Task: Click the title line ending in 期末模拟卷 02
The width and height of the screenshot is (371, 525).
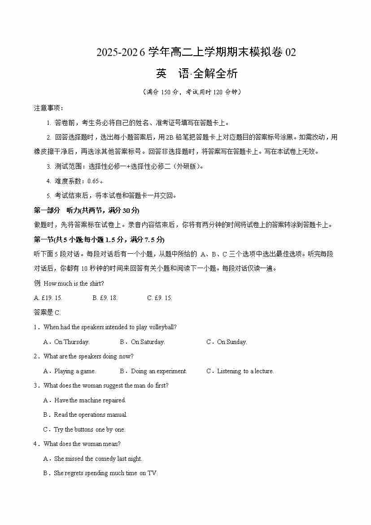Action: click(x=196, y=53)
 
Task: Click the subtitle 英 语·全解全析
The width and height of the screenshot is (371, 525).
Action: click(x=196, y=74)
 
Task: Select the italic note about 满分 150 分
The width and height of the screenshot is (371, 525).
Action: click(x=192, y=92)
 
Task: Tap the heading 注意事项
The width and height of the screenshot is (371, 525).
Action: click(x=48, y=108)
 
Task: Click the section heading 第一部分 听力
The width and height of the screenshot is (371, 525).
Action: click(x=87, y=210)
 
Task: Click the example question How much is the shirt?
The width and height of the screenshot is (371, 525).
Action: click(x=69, y=283)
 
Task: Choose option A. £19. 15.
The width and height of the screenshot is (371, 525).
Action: click(x=48, y=298)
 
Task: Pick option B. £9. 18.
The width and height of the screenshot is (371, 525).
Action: click(x=105, y=298)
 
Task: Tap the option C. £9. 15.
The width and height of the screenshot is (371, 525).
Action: click(x=160, y=298)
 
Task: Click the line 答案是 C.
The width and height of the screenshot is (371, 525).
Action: click(x=47, y=313)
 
